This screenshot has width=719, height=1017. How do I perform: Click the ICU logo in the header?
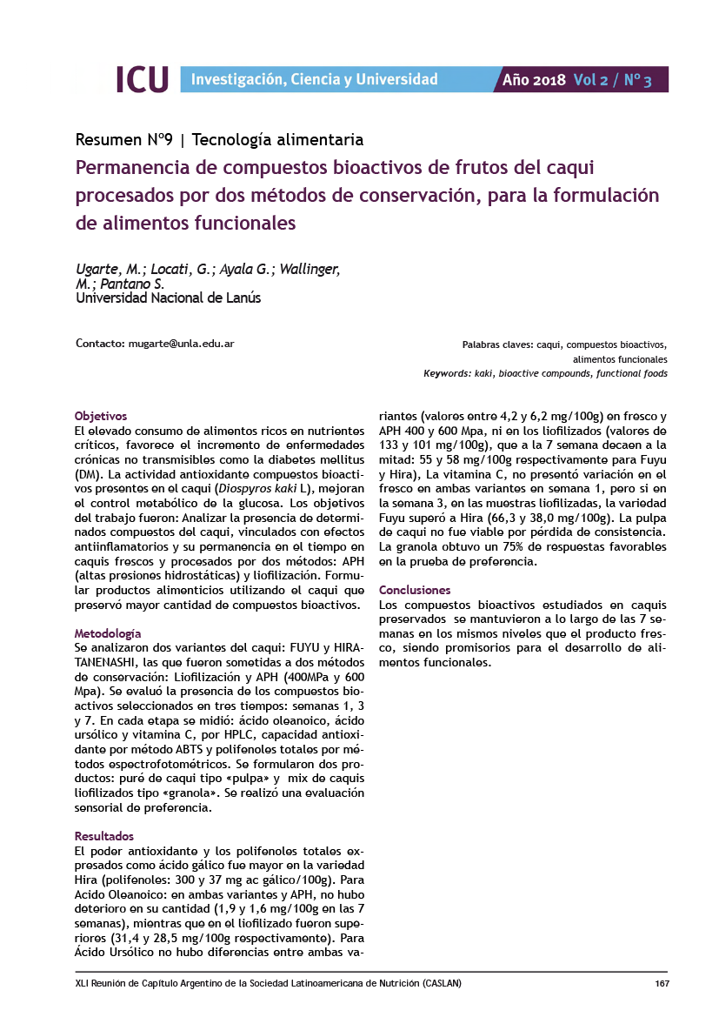click(142, 79)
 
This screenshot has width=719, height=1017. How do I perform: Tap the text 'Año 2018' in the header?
click(535, 80)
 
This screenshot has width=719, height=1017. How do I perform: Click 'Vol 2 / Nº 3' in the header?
click(612, 80)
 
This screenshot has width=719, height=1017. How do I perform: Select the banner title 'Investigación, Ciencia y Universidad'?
click(314, 80)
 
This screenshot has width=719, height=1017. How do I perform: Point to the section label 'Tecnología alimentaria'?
click(276, 139)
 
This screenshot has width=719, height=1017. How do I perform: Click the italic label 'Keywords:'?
click(447, 373)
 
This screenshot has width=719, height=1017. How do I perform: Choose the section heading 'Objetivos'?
click(101, 416)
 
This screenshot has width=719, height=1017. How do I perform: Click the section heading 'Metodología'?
click(108, 633)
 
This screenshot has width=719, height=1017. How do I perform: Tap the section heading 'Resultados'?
click(104, 835)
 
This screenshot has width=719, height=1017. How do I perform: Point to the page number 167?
click(661, 984)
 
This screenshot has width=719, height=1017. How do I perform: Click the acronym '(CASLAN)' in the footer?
click(442, 984)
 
